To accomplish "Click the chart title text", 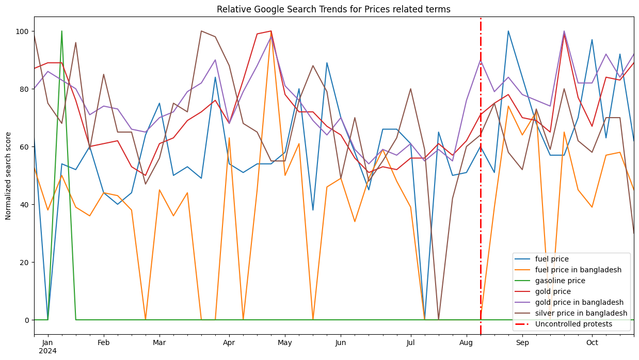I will click(x=333, y=9).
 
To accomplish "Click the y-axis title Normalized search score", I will click(x=8, y=175).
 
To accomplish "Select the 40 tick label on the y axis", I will click(x=23, y=205).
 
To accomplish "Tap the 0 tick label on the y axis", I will click(x=27, y=320).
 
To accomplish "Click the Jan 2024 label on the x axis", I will click(x=47, y=347).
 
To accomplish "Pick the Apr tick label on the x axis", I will click(x=229, y=342).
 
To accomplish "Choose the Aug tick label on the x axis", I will click(x=466, y=342).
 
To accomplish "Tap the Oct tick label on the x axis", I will click(x=592, y=342).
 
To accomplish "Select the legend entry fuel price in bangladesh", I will click(x=578, y=270).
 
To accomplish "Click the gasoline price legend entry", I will click(x=561, y=281).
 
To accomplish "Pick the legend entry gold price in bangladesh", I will click(x=579, y=302).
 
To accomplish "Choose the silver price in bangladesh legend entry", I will click(x=581, y=313).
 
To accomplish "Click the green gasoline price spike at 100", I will click(x=62, y=31).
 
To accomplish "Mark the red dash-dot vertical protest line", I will click(x=481, y=155).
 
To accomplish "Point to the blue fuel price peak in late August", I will click(x=508, y=31).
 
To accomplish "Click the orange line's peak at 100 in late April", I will click(x=271, y=31).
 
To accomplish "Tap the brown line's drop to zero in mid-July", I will click(x=438, y=319).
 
